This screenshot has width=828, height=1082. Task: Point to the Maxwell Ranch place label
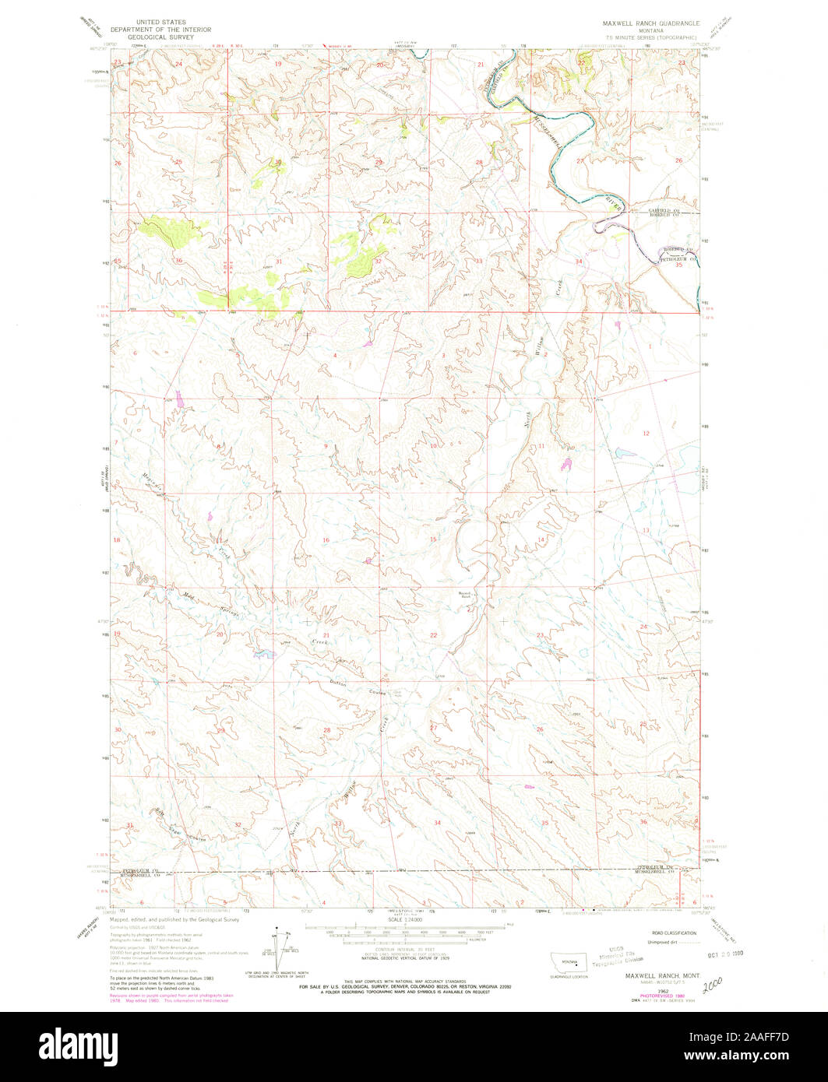click(x=465, y=595)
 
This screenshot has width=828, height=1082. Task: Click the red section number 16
click(x=326, y=539)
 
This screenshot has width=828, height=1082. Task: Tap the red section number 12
click(x=645, y=433)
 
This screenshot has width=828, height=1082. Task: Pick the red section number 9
click(x=326, y=445)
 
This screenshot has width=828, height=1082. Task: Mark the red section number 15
click(x=432, y=539)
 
